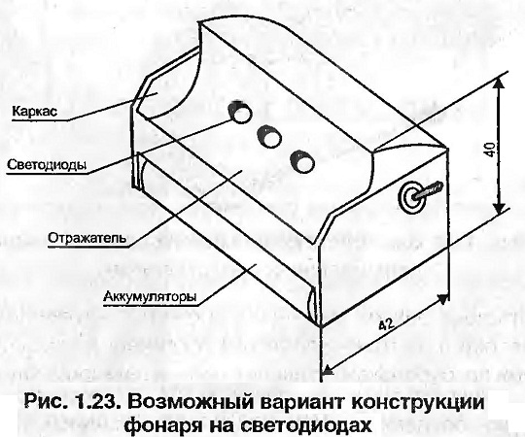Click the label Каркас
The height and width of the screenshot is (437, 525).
pos(34,112)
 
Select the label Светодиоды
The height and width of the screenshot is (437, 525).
pos(47,165)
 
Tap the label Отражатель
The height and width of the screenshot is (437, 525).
pos(87,238)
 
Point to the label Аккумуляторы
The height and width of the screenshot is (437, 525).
pos(150,296)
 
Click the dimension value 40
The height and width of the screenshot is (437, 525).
pos(489,150)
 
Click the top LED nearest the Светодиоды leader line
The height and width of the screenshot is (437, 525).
pos(240,112)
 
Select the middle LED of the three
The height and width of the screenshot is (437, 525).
pos(269,136)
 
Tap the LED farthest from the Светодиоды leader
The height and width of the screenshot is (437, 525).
pos(302,162)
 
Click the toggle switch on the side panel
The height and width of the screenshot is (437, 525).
pos(419,196)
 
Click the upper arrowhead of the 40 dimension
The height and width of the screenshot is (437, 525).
pos(499,83)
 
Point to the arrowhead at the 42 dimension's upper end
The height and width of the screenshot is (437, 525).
pos(442,298)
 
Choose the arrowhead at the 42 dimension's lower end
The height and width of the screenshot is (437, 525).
pos(328,369)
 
